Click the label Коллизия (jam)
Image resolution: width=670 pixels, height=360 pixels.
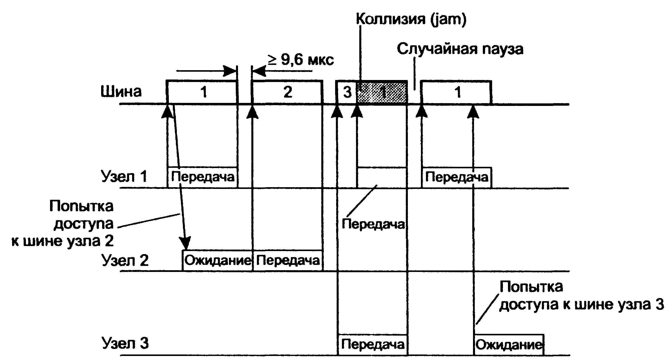point(411,19)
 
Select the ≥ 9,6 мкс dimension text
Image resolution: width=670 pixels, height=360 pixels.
point(301,60)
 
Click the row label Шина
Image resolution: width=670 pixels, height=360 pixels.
point(121,92)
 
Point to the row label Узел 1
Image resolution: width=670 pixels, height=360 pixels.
point(124,177)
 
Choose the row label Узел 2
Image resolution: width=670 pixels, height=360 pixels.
point(125,260)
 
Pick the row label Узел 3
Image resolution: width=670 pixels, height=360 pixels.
point(125,343)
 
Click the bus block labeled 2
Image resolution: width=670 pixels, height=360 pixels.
point(287,92)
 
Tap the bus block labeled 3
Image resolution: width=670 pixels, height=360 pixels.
point(347,92)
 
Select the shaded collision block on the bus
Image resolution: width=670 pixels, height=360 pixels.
point(382,92)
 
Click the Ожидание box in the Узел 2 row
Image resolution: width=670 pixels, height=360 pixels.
point(218,260)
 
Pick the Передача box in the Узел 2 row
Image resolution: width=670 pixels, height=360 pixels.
point(288,260)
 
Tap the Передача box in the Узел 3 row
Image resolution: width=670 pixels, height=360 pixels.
point(372,345)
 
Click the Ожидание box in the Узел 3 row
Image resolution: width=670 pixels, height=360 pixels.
point(509,345)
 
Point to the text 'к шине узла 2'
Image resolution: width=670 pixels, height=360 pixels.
point(62,241)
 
